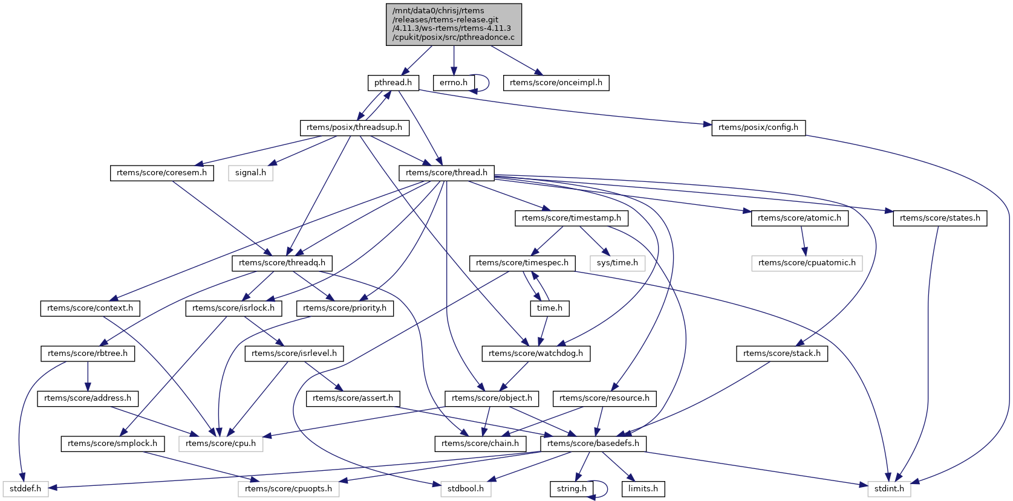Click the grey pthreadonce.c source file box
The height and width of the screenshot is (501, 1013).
(454, 24)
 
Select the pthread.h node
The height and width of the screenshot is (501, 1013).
(393, 83)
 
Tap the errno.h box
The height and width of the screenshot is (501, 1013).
(453, 83)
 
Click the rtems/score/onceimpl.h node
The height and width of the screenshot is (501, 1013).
(556, 83)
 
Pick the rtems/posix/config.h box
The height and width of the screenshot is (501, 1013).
(758, 128)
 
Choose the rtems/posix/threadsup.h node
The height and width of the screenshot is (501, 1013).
(354, 128)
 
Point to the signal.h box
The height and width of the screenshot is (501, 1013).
(250, 173)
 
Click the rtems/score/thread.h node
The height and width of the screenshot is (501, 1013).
(446, 173)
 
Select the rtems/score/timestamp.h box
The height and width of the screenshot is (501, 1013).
(571, 218)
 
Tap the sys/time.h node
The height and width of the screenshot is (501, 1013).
(617, 263)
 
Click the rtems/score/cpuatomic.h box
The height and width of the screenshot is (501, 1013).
(807, 263)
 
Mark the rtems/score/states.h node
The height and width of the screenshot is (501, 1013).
(940, 218)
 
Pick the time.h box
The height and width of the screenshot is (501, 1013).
(549, 308)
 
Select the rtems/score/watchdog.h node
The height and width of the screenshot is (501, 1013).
(535, 354)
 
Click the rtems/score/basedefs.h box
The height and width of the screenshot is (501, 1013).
(593, 444)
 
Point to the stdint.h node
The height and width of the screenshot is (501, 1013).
(889, 489)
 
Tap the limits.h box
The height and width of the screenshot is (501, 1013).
(643, 489)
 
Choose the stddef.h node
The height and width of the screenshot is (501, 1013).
(25, 489)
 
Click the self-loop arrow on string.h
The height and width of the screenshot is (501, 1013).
(606, 488)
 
